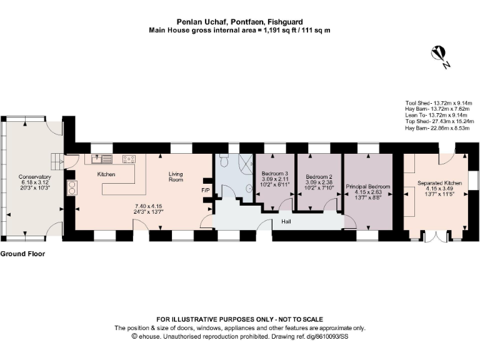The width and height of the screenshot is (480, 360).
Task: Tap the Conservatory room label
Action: (x=34, y=177)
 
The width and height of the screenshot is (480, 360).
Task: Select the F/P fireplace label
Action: (x=206, y=191)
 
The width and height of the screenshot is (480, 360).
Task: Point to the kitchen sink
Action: (x=102, y=159)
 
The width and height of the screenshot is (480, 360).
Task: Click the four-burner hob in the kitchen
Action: (x=129, y=159)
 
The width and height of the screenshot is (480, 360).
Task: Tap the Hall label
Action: (x=286, y=221)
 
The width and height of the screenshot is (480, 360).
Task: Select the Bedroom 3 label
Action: (x=274, y=174)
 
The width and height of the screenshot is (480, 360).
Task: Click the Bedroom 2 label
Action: (x=319, y=177)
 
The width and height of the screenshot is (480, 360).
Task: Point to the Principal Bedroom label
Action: (x=368, y=186)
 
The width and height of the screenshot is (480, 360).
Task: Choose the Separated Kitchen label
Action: (x=439, y=183)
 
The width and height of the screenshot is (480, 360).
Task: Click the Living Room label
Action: (x=176, y=177)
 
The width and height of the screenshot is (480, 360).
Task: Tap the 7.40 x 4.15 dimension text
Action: (x=148, y=206)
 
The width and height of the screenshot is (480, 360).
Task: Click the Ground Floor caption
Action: (x=22, y=254)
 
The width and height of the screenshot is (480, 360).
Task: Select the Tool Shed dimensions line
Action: (x=439, y=103)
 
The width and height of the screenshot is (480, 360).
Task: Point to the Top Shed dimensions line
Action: (x=439, y=121)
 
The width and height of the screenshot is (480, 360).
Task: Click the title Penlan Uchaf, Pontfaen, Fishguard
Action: (x=240, y=22)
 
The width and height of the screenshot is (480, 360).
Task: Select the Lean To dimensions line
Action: (x=436, y=115)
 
